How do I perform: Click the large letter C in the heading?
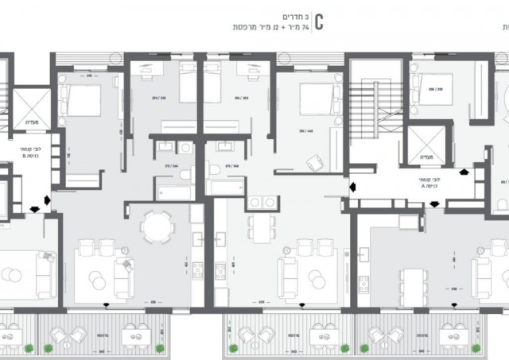pos(319,21)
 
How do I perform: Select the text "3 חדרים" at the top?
pos(296,15)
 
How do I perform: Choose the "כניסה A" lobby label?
pos(430,182)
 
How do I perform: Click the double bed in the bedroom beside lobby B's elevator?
pos(81,101)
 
